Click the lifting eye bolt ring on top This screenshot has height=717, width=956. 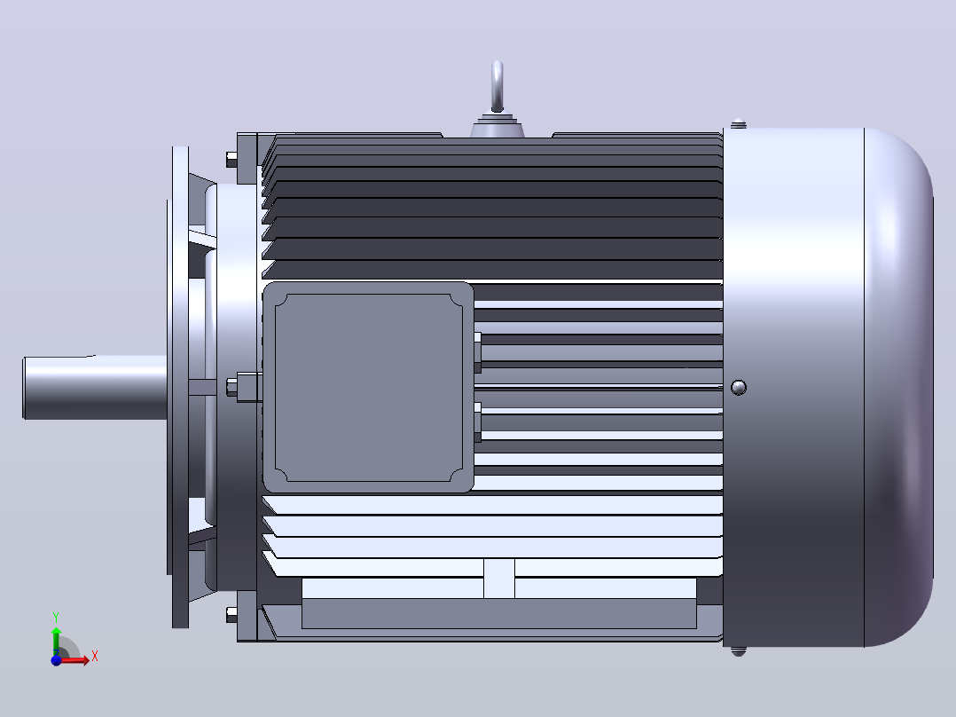click(497, 86)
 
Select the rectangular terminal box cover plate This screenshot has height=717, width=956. click(368, 388)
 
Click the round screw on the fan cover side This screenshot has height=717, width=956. click(739, 388)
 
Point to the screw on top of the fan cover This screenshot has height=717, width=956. click(739, 124)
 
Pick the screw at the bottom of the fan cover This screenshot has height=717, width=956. click(739, 651)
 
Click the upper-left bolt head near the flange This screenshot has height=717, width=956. click(231, 159)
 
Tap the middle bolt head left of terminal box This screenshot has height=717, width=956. click(231, 387)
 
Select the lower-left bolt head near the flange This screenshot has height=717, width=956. click(231, 614)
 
